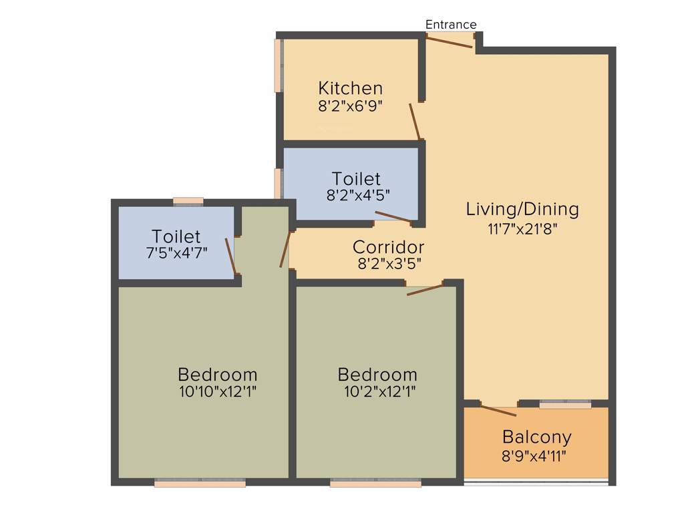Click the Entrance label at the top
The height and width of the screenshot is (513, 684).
pos(451,25)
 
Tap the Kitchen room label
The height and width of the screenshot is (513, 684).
pos(350,88)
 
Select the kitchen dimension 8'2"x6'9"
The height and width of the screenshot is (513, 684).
pos(350,106)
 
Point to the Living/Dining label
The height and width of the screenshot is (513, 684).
pos(522,209)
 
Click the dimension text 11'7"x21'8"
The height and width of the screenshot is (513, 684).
pos(522,228)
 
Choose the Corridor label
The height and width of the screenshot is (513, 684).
pos(388,247)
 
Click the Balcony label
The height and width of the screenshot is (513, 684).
pos(536,438)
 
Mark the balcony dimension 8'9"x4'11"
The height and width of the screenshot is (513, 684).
pos(536,456)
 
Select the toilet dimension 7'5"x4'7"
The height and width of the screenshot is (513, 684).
pos(176,253)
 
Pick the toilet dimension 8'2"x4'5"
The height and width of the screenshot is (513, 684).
pos(356,195)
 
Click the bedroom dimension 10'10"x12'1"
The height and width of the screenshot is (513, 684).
pos(217,392)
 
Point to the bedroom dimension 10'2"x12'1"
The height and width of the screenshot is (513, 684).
pos(377,392)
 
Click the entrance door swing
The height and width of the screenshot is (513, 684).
pos(450,42)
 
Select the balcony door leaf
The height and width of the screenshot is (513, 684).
pos(498,410)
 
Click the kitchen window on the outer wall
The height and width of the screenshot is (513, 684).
pos(278,65)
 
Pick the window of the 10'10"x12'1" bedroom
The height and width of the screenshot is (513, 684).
pos(200,483)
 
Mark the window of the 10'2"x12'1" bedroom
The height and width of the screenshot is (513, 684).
pos(375,483)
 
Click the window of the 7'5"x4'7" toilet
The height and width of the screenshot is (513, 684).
pos(188,200)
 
